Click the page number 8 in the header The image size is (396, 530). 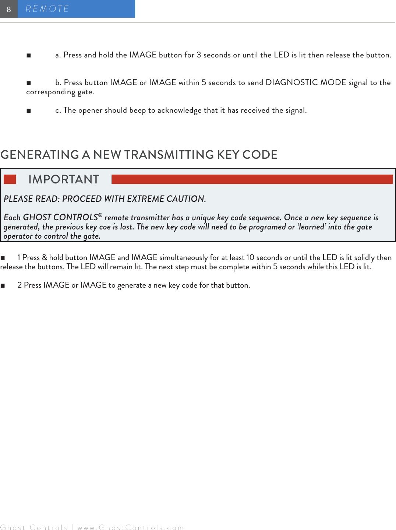coord(9,10)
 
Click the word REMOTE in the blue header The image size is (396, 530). coord(47,9)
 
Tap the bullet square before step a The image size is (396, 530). coord(29,56)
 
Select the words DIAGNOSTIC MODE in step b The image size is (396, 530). coord(306,83)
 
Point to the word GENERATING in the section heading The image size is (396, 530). coord(40,155)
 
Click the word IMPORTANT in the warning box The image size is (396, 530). coord(64,179)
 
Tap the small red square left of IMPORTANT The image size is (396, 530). coord(10,179)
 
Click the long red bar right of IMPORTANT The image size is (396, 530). coord(252,179)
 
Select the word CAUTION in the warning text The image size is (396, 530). coord(185,199)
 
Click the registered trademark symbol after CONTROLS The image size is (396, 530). coord(100,215)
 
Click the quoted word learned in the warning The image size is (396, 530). coord(311,227)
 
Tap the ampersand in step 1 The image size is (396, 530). coord(44,257)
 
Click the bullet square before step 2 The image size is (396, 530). coord(3,285)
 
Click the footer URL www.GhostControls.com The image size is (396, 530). coord(131,527)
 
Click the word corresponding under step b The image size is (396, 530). coord(50,92)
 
